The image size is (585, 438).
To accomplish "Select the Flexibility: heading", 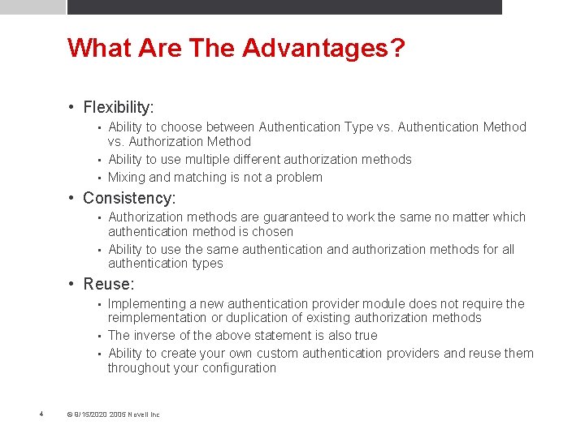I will coord(119,107).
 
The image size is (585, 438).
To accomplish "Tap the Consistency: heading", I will coord(129,198).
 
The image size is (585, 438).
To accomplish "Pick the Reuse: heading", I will coord(109,284).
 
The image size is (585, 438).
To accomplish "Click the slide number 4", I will coord(41,414).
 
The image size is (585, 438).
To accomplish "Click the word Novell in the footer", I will coord(140,414).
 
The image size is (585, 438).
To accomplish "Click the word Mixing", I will coord(127,178).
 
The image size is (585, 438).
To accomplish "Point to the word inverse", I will coord(154,336).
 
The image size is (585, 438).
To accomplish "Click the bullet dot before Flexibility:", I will coord(72,107).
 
